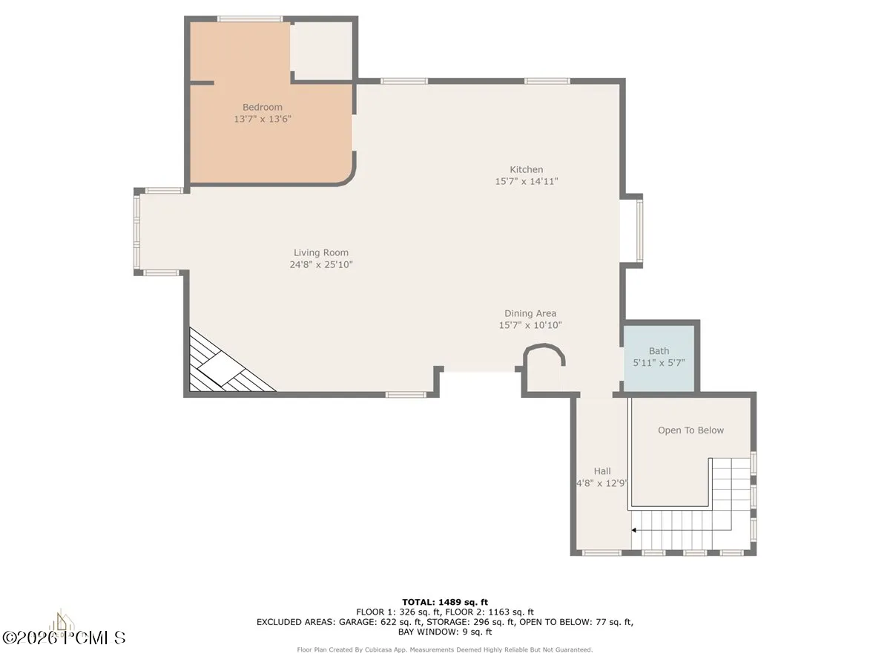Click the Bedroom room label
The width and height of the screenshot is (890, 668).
tap(263, 107)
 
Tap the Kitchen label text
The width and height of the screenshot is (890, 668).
tap(527, 169)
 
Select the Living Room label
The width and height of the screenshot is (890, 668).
tap(321, 252)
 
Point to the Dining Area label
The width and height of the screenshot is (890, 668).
tap(530, 313)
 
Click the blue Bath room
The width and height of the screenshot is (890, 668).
tap(659, 358)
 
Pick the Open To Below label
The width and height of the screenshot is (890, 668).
tap(691, 430)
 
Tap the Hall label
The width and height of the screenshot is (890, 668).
tap(602, 471)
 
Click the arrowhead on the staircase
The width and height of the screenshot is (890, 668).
tap(633, 530)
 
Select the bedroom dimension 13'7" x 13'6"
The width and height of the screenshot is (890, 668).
tap(263, 119)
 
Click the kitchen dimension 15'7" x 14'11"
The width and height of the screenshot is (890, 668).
tap(527, 181)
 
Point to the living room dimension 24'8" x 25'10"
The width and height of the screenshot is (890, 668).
tap(321, 265)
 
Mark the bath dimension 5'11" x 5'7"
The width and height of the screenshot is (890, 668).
tap(659, 363)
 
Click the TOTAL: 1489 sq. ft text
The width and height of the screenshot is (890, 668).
tap(445, 602)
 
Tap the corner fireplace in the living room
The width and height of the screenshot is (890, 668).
tap(226, 365)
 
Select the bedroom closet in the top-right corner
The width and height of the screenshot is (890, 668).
tap(321, 50)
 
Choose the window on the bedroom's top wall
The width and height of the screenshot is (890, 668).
tap(250, 19)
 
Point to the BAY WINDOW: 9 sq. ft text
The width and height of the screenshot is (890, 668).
tap(445, 632)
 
